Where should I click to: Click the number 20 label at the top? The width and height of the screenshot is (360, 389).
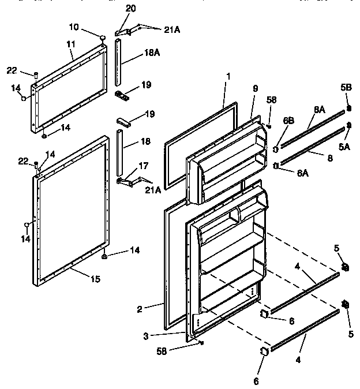click(130, 8)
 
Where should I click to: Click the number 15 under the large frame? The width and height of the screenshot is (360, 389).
click(95, 279)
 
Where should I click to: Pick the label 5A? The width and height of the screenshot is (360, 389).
click(345, 147)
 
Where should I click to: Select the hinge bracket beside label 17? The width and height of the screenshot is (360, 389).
click(129, 182)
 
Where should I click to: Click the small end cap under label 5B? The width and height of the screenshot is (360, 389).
click(349, 108)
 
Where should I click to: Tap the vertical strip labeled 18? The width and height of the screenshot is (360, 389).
click(119, 153)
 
